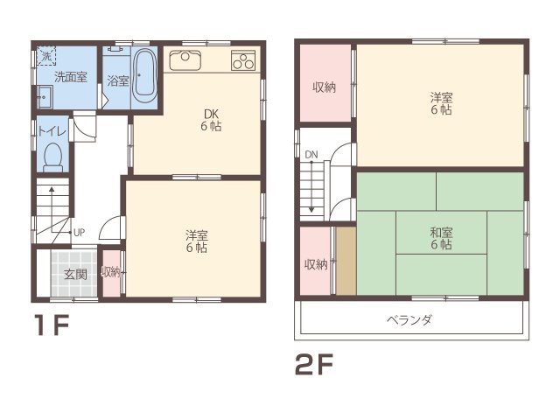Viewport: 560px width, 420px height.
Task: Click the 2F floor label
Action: [x=316, y=360]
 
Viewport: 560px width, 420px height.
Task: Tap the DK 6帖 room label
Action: [x=211, y=120]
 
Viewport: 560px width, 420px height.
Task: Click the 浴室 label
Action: [x=117, y=80]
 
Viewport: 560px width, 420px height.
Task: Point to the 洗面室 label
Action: [x=70, y=77]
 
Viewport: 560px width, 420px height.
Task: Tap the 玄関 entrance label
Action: [x=75, y=274]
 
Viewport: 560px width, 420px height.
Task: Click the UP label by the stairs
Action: [x=79, y=233]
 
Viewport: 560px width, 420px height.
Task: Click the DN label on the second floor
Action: [x=311, y=155]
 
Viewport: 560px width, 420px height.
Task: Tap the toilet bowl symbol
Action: [x=53, y=158]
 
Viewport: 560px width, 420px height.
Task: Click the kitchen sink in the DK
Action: [x=185, y=59]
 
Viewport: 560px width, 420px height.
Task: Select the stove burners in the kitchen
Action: [x=242, y=60]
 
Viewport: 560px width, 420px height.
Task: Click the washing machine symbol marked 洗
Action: [x=45, y=56]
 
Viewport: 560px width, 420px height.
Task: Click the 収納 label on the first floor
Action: [x=111, y=272]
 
